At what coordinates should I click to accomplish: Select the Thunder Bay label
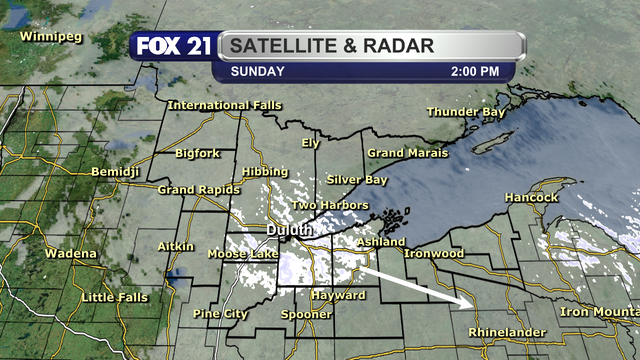point(466,112)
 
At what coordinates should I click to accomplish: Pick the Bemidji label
point(116,173)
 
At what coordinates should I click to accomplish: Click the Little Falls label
point(112,298)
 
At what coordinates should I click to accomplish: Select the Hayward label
point(337,297)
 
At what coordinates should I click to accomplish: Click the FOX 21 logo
point(171,47)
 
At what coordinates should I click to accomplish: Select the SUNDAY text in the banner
point(258,72)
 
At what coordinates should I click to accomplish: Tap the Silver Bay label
point(356,180)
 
